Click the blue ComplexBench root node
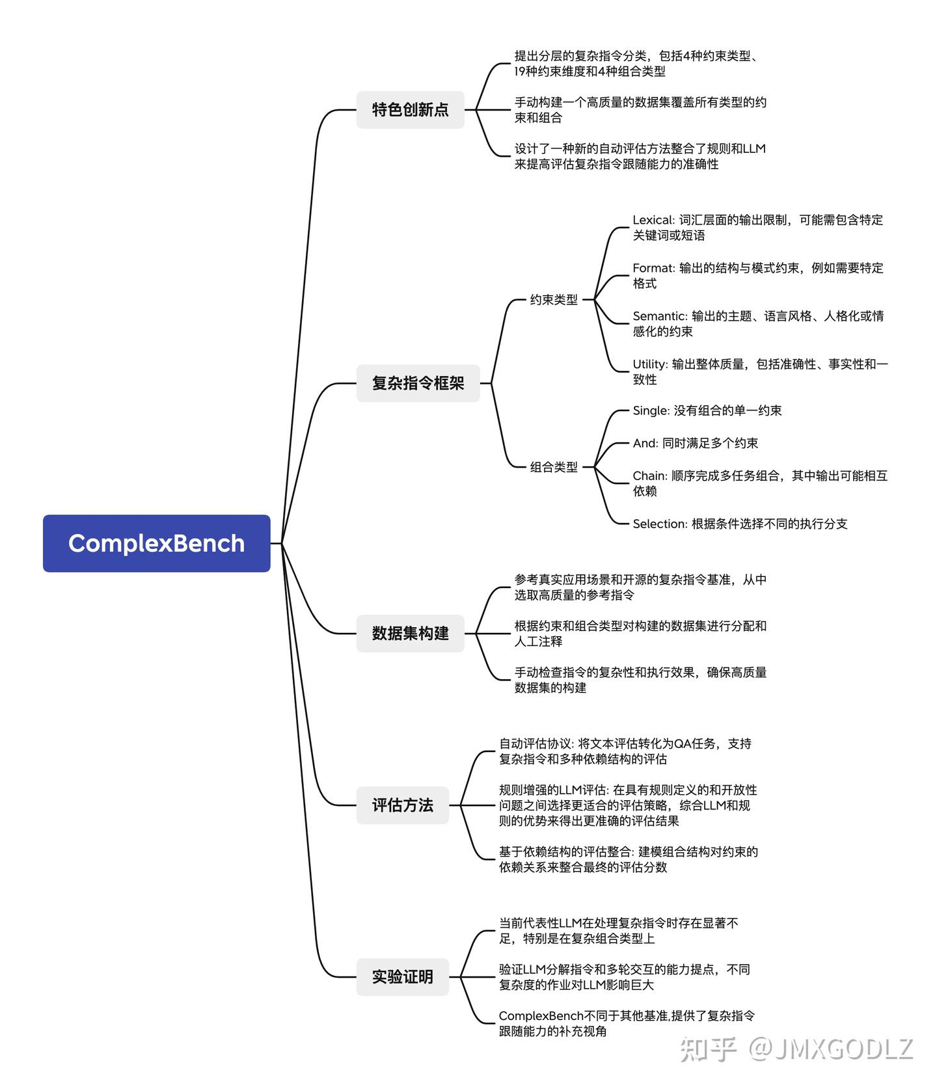pyautogui.click(x=156, y=543)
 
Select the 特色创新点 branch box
pyautogui.click(x=410, y=109)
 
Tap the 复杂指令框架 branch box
pyautogui.click(x=418, y=383)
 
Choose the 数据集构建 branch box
pyautogui.click(x=410, y=633)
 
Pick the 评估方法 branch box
pyautogui.click(x=402, y=805)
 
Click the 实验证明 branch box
pyautogui.click(x=402, y=976)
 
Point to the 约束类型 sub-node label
pyautogui.click(x=553, y=300)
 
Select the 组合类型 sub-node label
pyautogui.click(x=553, y=467)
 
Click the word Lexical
pyautogui.click(x=653, y=220)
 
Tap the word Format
pyautogui.click(x=653, y=268)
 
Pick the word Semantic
pyautogui.click(x=659, y=316)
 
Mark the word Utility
pyautogui.click(x=649, y=364)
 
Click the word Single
pyautogui.click(x=650, y=410)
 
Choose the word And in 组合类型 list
pyautogui.click(x=644, y=443)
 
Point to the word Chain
pyautogui.click(x=649, y=476)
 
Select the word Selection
pyautogui.click(x=659, y=524)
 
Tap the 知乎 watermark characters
pyautogui.click(x=708, y=1049)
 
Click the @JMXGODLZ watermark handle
pyautogui.click(x=832, y=1049)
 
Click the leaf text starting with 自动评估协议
pyautogui.click(x=625, y=751)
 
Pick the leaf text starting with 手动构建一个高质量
pyautogui.click(x=640, y=110)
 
